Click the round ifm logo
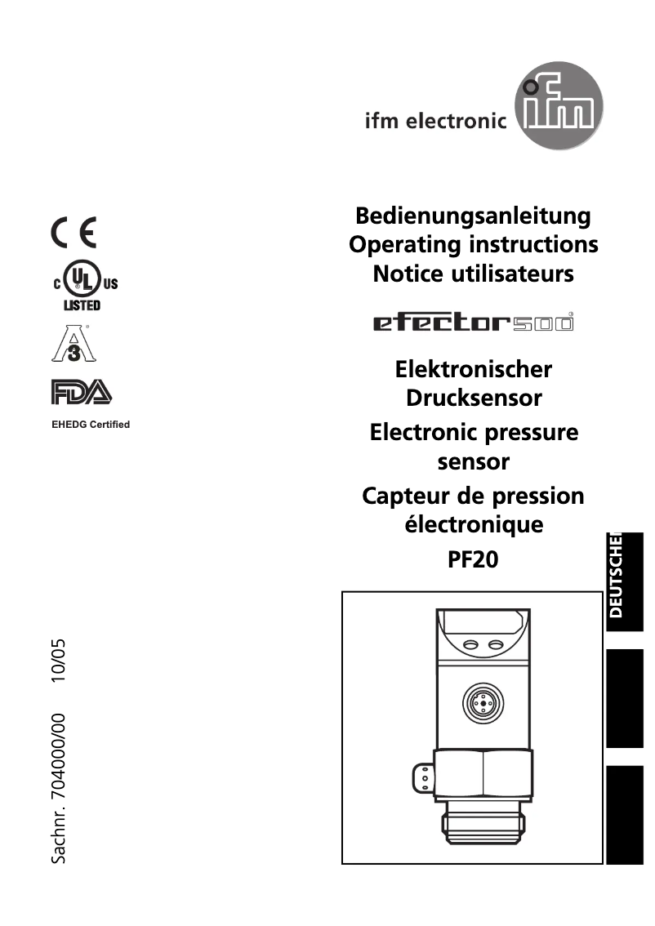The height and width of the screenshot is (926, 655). tap(559, 114)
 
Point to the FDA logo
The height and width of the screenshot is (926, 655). tap(81, 393)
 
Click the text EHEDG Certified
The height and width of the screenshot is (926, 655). tap(91, 425)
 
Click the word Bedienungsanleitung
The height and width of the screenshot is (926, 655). tap(473, 216)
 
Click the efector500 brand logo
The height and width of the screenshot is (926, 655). tap(473, 323)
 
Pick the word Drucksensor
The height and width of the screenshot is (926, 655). tap(474, 398)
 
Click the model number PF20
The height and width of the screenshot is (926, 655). tap(473, 560)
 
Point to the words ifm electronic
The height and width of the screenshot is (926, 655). tap(435, 122)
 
